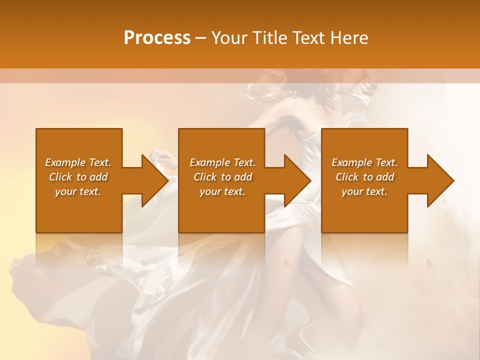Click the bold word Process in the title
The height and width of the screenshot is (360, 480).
pos(157,37)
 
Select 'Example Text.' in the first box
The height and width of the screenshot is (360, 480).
pos(78,162)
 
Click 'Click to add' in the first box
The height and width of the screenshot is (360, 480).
pos(78,177)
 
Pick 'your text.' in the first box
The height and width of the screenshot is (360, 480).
pos(78,191)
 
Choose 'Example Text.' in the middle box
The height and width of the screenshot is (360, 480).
pos(222,162)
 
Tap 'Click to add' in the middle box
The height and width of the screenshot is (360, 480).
pos(222,177)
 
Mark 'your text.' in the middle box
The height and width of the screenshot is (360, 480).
pos(222,191)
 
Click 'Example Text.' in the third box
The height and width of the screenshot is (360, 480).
pos(364,162)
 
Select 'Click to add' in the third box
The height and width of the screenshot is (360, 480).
pos(364,177)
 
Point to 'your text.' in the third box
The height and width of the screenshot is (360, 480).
pos(364,191)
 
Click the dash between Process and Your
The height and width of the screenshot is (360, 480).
pos(200,38)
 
